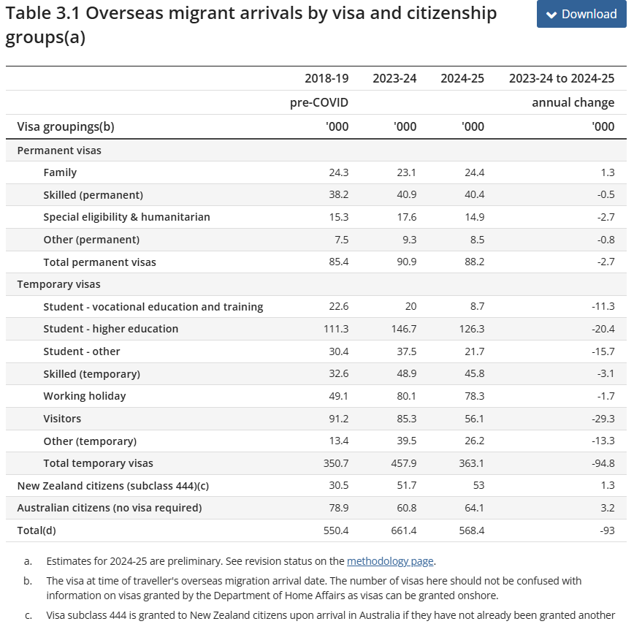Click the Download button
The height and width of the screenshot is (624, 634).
[581, 14]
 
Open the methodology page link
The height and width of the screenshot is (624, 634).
[390, 561]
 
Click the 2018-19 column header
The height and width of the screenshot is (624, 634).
[326, 78]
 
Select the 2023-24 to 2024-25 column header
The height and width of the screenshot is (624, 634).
[561, 78]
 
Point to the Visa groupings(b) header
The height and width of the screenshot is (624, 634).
[66, 126]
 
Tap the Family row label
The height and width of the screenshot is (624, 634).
[60, 172]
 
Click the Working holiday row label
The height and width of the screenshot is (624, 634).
[85, 396]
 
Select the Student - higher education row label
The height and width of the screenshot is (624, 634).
[110, 329]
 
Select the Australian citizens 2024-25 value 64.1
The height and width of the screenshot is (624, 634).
[472, 508]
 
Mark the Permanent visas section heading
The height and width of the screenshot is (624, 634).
[59, 151]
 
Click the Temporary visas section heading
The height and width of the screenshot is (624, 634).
[58, 284]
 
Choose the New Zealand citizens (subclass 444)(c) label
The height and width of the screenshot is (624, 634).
[107, 485]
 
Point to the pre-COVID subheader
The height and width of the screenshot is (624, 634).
[319, 102]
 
